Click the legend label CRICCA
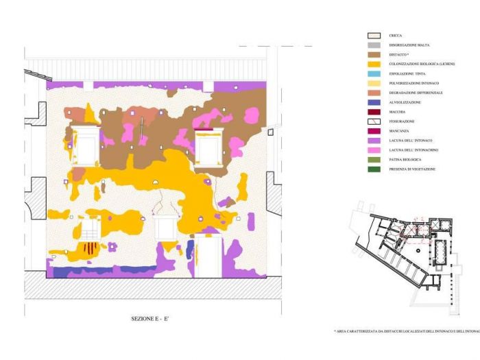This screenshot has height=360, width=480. [395, 35]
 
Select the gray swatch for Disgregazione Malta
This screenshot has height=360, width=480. [374, 45]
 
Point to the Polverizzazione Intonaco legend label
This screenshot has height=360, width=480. [414, 83]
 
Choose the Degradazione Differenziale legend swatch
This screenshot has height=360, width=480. [374, 93]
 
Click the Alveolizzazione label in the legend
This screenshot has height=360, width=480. [405, 102]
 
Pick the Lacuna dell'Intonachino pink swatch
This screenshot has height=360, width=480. [374, 149]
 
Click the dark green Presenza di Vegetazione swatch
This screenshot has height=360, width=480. [374, 169]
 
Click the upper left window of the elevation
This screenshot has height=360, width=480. [86, 146]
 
